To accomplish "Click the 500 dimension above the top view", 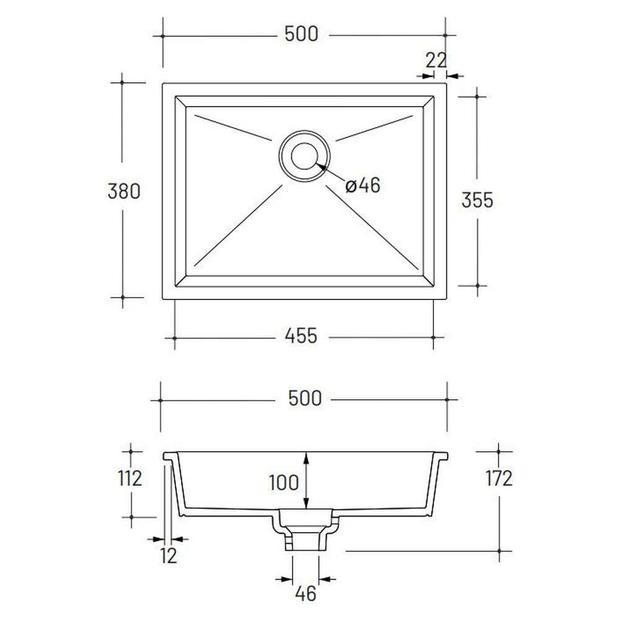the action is pos(301,34).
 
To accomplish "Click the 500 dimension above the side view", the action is pos(305,399).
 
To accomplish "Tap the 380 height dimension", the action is pos(124,192).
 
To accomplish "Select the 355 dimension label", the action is pos(477,200).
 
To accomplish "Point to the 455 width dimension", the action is pos(301,336).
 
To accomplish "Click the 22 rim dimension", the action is pos(436,60).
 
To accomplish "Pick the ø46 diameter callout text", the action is pos(363,185).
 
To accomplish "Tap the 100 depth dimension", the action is pos(283,483).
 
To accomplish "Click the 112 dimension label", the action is pos(130,479).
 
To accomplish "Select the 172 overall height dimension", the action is pos(499,479).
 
